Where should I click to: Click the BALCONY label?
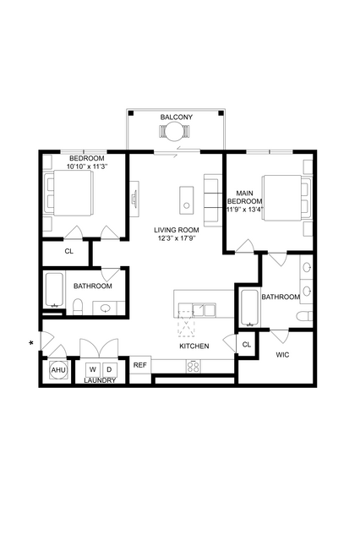tap(176, 117)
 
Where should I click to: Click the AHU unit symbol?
tap(58, 370)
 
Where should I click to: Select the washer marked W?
tap(93, 370)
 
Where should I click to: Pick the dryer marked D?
tap(109, 370)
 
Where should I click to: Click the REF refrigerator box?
tap(140, 365)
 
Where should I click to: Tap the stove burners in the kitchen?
tap(193, 366)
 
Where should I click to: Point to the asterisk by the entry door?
tap(31, 343)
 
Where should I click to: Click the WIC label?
tap(282, 355)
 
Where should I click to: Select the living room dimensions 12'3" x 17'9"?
tap(177, 237)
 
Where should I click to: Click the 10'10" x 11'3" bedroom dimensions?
tap(88, 166)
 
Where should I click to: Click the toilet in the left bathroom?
tap(79, 307)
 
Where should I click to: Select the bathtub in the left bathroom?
tap(54, 291)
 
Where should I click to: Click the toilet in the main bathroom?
tap(304, 316)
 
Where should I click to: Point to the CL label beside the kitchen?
tap(246, 345)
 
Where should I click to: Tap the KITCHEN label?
tap(194, 346)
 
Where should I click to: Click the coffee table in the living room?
tap(187, 199)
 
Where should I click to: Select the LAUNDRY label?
tap(100, 380)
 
